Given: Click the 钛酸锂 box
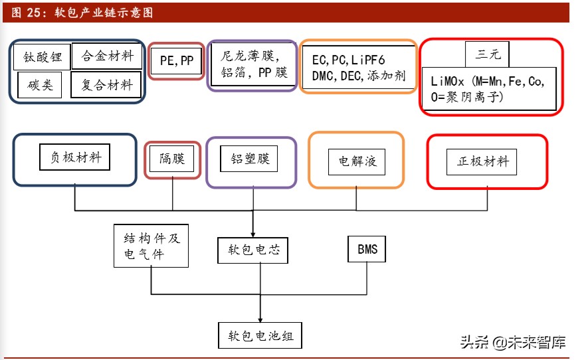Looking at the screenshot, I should pyautogui.click(x=43, y=57).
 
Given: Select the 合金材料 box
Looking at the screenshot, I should pyautogui.click(x=107, y=56).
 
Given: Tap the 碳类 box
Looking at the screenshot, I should pyautogui.click(x=40, y=85).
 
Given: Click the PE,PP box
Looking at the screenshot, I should pyautogui.click(x=177, y=61).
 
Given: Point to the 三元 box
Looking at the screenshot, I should pyautogui.click(x=487, y=54).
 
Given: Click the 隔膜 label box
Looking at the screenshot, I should pyautogui.click(x=172, y=159).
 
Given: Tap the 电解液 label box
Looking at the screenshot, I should pyautogui.click(x=357, y=161).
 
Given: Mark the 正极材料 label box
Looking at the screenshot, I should pyautogui.click(x=482, y=161).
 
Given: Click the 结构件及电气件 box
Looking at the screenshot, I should pyautogui.click(x=151, y=246).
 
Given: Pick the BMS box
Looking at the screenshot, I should pyautogui.click(x=367, y=249).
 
